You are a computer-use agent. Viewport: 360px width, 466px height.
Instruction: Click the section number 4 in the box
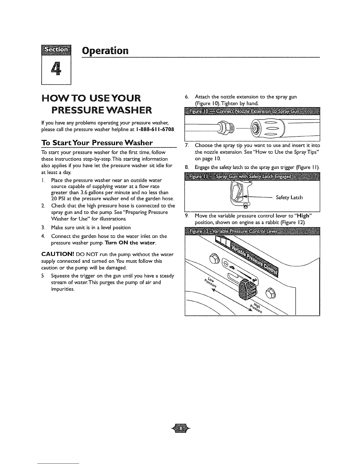(x=56, y=69)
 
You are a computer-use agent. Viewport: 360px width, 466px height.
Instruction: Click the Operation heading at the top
(x=105, y=51)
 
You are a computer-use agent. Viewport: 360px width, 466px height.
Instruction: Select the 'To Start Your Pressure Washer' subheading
(x=97, y=143)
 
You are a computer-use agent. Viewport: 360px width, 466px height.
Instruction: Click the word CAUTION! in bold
(x=58, y=254)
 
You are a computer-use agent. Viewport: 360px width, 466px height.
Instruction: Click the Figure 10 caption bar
(x=252, y=111)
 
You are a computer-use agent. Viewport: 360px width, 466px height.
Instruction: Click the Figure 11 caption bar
(x=252, y=177)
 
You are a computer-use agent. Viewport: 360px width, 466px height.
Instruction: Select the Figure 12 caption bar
(x=252, y=232)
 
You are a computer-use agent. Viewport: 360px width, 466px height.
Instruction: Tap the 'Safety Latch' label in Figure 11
(x=289, y=197)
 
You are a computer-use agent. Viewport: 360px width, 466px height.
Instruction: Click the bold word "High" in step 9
(x=304, y=216)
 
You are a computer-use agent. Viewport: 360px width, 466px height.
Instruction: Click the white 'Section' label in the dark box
(x=56, y=50)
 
